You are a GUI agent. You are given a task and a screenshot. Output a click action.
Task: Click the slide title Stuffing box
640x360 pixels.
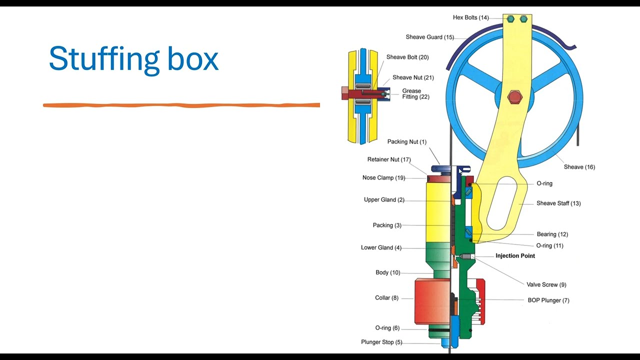coord(133,59)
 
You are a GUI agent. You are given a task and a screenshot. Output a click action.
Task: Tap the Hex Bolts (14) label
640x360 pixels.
coord(471,17)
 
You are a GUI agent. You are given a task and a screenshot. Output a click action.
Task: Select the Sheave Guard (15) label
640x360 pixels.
coord(430,37)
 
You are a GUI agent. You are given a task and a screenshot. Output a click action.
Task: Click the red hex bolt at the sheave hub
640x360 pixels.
coord(515,97)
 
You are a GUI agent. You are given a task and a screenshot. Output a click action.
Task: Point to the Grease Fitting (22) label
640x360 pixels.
coord(415,93)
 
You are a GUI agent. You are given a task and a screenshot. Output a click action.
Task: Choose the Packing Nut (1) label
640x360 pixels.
coord(407,141)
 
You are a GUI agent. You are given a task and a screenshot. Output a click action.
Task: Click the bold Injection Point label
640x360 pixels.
coord(515,255)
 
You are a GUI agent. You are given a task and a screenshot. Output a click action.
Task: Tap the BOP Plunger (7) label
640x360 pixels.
coord(548,300)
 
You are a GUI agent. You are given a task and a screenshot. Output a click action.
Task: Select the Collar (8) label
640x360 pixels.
coord(386,297)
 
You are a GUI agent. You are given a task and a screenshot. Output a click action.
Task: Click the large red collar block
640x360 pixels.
coord(432,301)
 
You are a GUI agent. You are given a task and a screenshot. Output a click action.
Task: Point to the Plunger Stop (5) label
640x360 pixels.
coord(381,342)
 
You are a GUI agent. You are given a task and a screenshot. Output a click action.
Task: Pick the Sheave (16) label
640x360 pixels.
coord(579,167)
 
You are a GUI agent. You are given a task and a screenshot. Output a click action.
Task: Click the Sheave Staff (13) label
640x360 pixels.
coord(558,203)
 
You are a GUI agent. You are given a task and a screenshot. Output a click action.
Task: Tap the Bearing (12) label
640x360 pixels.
coord(552,234)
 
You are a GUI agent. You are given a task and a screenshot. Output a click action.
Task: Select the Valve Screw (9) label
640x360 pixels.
coord(546,284)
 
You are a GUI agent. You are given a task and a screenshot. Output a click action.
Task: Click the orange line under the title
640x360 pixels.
coord(181,105)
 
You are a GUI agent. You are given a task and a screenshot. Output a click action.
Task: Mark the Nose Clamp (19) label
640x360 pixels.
coord(383,177)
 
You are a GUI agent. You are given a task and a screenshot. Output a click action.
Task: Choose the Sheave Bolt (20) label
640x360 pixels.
coord(407,57)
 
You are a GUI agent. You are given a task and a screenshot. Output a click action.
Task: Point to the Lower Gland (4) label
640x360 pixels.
coord(381,247)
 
